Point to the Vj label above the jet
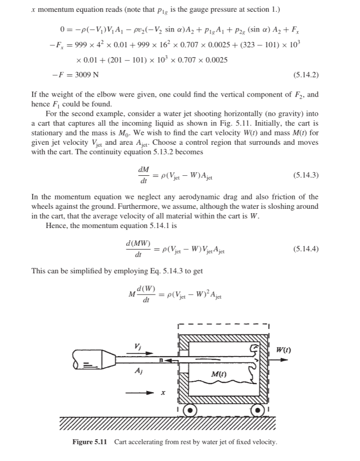click(137, 346)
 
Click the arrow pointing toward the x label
click(139, 393)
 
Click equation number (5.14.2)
click(306, 75)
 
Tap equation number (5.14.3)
click(306, 175)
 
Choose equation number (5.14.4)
click(306, 249)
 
